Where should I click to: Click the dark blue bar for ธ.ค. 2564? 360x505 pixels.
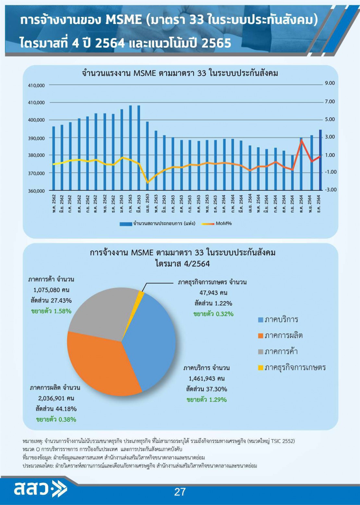[x=320, y=160]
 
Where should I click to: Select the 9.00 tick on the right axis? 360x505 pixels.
[x=330, y=83]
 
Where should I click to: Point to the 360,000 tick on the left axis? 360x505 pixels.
[x=36, y=191]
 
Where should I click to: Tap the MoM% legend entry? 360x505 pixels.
[x=223, y=223]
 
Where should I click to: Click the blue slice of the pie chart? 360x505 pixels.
[x=149, y=341]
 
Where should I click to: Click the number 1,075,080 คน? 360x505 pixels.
[x=51, y=290]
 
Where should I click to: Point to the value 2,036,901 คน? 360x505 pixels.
[x=56, y=398]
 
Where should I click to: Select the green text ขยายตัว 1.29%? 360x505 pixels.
[x=207, y=400]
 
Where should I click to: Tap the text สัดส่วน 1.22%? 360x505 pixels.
[x=213, y=303]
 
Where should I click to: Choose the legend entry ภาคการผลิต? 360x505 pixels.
[x=283, y=335]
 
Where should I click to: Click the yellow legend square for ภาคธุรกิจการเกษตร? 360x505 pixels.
[x=260, y=367]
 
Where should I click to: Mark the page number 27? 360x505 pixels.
[x=180, y=492]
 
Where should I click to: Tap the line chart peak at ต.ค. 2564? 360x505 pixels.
[x=301, y=140]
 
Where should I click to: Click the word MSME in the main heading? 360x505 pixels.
[x=124, y=20]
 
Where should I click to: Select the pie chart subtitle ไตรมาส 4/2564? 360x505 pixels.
[x=183, y=263]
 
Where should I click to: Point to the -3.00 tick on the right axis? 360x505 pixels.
[x=331, y=189]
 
